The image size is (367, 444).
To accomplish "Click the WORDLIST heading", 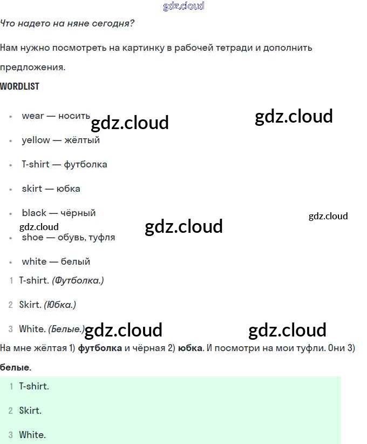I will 20,86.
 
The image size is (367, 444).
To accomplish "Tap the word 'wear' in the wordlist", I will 33,116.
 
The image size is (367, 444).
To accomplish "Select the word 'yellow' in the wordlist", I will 36,140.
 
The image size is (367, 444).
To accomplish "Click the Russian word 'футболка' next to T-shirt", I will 85,164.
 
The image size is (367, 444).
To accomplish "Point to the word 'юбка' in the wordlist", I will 69,189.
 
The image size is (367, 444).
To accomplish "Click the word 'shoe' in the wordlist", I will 32,237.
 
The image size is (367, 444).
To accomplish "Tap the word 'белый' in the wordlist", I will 75,261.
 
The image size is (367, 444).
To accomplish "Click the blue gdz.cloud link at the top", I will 183,6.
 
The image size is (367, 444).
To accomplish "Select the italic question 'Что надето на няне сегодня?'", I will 67,24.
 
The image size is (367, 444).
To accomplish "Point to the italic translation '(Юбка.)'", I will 60,305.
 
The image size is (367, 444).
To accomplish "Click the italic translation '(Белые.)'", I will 66,329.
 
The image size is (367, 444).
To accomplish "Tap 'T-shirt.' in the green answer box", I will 34,386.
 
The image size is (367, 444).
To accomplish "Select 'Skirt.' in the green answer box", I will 30,411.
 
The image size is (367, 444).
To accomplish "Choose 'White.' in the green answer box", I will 32,435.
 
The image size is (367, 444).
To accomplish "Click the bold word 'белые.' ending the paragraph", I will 16,368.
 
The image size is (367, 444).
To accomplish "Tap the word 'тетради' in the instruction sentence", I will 235,48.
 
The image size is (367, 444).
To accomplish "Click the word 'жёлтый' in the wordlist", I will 82,140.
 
